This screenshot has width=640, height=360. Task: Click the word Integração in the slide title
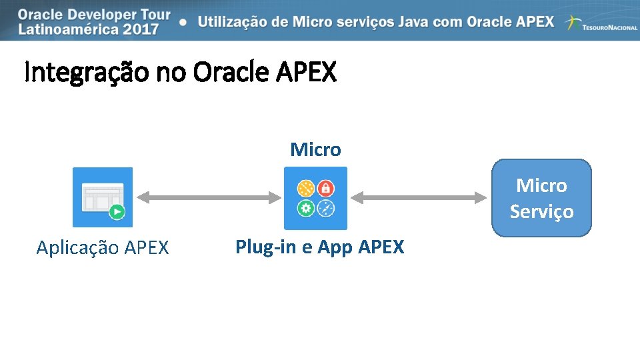(x=87, y=73)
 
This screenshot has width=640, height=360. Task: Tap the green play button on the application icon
(x=117, y=212)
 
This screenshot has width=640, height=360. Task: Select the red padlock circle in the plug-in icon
(x=325, y=187)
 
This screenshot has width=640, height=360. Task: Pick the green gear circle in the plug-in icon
(x=306, y=208)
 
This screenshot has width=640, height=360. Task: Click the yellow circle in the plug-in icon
(x=306, y=187)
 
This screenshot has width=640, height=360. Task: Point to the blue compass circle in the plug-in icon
(x=325, y=208)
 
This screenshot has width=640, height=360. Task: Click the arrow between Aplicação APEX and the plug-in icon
(x=208, y=197)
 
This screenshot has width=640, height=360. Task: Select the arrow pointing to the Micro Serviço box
(x=419, y=197)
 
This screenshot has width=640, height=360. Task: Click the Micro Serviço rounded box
(x=541, y=198)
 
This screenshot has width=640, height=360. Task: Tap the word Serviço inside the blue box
(x=541, y=211)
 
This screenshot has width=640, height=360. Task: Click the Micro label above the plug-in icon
(x=315, y=149)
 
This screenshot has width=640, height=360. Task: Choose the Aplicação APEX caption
(x=103, y=248)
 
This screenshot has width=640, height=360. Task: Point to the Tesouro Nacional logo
(x=600, y=24)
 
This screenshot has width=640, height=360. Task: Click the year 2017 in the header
(x=141, y=29)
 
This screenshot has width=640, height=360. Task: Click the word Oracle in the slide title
(x=229, y=73)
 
